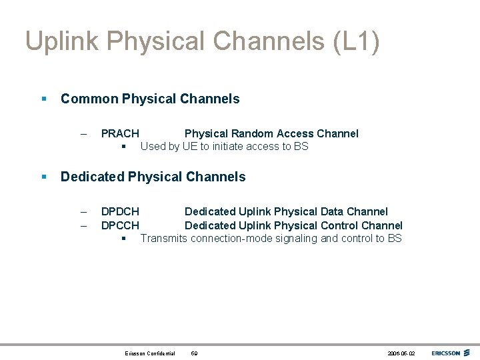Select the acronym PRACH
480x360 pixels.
pos(120,133)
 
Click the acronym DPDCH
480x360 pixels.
pos(120,212)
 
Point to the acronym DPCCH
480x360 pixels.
pos(120,225)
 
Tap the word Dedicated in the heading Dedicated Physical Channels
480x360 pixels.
pos(92,177)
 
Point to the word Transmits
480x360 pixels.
pos(163,238)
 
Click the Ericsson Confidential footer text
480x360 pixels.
pos(150,353)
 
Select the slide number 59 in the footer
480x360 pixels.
pos(194,353)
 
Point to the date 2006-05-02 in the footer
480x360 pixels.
pos(401,353)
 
